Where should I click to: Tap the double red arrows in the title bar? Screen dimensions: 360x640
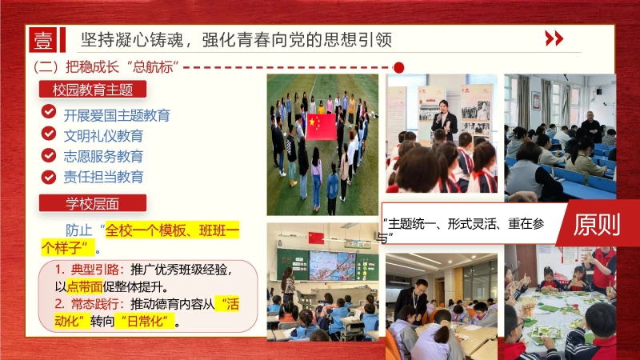(554, 38)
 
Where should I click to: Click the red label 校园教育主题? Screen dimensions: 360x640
(93, 90)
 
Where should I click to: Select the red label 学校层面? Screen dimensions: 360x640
(93, 203)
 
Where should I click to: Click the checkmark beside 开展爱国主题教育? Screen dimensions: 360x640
(49, 113)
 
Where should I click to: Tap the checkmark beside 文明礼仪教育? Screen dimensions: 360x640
(49, 134)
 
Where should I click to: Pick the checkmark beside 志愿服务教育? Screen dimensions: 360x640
(49, 155)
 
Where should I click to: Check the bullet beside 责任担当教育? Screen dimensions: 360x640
(49, 176)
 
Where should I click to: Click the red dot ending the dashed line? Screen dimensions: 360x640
(399, 66)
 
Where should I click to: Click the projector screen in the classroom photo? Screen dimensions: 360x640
(333, 266)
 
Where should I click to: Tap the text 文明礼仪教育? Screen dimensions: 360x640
(103, 135)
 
